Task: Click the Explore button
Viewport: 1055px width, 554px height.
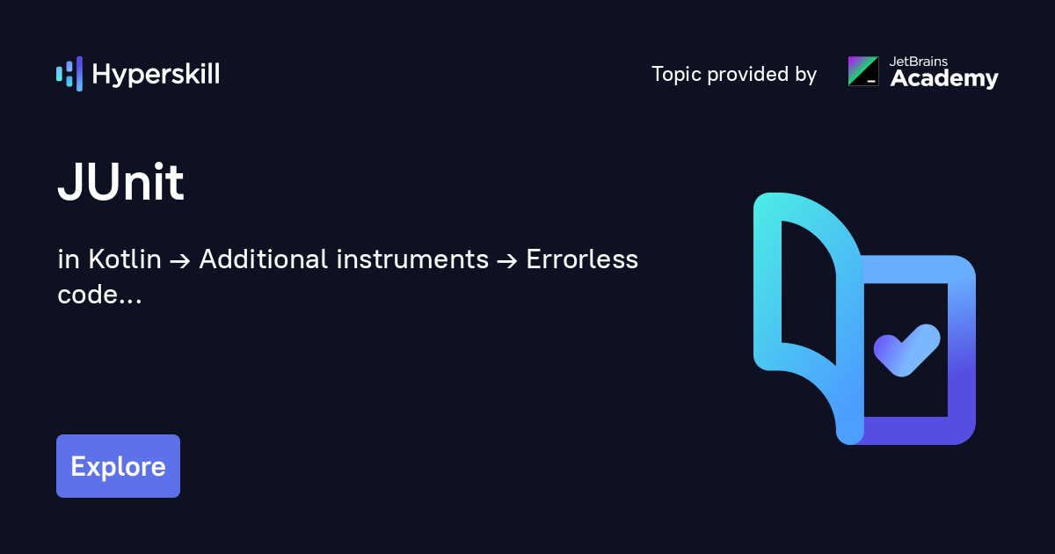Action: pyautogui.click(x=118, y=466)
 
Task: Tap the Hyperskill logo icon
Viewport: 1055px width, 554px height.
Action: pyautogui.click(x=69, y=74)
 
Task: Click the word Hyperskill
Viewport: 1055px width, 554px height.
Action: pyautogui.click(x=156, y=75)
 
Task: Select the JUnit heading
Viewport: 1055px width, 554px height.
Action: pyautogui.click(x=120, y=182)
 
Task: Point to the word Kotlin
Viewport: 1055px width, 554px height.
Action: pyautogui.click(x=125, y=259)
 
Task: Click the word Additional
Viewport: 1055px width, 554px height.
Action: pyautogui.click(x=264, y=259)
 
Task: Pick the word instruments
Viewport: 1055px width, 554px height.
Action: pyautogui.click(x=412, y=259)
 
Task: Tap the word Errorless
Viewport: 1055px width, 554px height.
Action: pyautogui.click(x=582, y=259)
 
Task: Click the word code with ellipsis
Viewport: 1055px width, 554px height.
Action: pyautogui.click(x=99, y=295)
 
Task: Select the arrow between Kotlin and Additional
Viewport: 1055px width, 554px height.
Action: pyautogui.click(x=180, y=260)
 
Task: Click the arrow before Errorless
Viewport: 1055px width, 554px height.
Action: pyautogui.click(x=507, y=260)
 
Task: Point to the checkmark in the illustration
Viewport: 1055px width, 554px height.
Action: pyautogui.click(x=907, y=351)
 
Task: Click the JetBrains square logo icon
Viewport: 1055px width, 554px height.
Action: pyautogui.click(x=863, y=71)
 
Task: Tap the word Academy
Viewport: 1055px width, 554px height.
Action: pyautogui.click(x=944, y=78)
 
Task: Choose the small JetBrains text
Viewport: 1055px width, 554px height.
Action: pyautogui.click(x=919, y=62)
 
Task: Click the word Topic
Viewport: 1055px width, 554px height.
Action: pyautogui.click(x=676, y=75)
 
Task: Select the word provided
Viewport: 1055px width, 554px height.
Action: pyautogui.click(x=748, y=74)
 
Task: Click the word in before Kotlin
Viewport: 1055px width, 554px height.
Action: pyautogui.click(x=69, y=259)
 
